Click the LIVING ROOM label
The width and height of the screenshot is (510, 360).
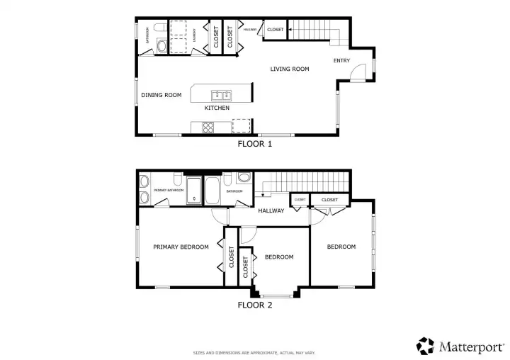point(290,69)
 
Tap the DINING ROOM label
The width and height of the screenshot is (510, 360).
point(161,95)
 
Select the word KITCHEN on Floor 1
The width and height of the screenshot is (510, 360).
point(217,108)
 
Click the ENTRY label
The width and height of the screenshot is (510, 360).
point(341,61)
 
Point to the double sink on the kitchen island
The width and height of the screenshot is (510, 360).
point(221,94)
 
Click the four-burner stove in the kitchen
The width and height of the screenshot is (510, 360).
point(209,128)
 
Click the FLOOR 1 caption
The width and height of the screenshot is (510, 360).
point(254,143)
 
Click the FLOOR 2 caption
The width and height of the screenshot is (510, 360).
point(254,305)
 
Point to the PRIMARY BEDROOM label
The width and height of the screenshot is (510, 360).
point(181,247)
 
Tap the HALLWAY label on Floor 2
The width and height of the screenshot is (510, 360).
point(271,210)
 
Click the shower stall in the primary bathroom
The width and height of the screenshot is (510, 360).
point(193,190)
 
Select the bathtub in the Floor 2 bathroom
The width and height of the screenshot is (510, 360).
point(212,190)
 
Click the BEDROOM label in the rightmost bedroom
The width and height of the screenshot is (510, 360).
point(341,247)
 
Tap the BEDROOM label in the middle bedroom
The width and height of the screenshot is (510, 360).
point(278,257)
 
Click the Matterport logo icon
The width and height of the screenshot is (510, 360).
point(426,345)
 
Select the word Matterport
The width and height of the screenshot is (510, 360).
point(470,346)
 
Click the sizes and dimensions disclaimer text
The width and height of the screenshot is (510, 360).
point(254,352)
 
